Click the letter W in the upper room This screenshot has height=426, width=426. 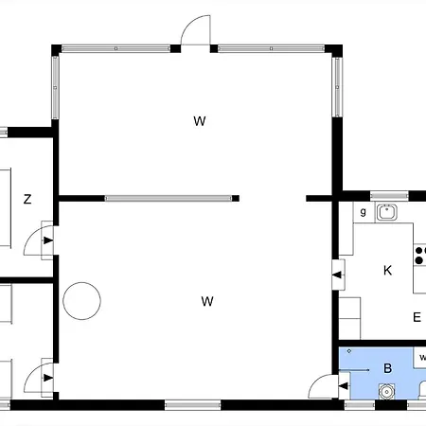[200, 121]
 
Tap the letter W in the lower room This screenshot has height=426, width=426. [207, 301]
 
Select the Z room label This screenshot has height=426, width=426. [27, 199]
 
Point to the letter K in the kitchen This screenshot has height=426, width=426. [387, 271]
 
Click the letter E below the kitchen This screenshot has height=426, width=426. [417, 317]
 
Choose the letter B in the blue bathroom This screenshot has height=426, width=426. [388, 368]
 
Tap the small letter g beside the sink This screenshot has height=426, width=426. [364, 212]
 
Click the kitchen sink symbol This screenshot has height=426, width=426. [386, 212]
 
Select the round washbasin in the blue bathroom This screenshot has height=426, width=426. [386, 392]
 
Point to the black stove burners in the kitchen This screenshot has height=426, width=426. [419, 256]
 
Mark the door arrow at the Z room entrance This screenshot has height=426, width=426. [48, 240]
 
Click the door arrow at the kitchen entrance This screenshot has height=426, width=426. [337, 275]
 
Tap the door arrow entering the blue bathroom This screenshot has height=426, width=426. [344, 385]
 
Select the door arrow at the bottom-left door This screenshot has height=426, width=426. [48, 378]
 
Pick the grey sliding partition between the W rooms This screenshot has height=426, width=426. [169, 198]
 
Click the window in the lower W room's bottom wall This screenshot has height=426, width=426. [192, 405]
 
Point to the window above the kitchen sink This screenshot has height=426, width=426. [389, 196]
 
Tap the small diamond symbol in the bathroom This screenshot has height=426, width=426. [349, 351]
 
